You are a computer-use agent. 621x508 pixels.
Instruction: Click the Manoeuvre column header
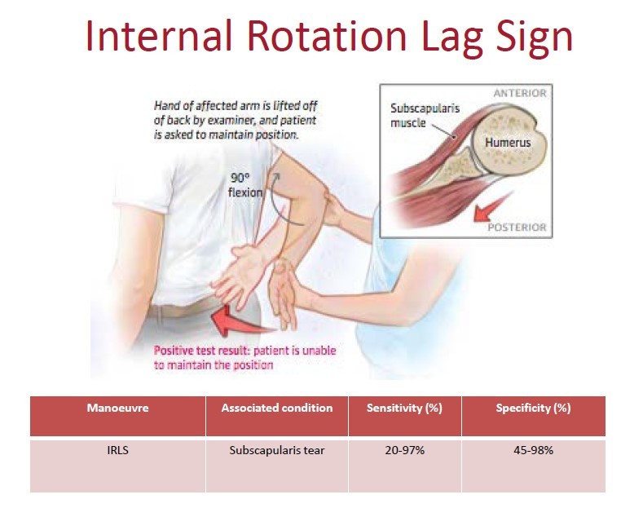coord(117,408)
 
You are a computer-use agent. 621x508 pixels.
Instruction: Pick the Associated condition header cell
coord(277,408)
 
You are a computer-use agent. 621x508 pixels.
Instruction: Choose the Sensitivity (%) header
coord(404,408)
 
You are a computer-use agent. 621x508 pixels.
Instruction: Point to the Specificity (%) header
coord(533,408)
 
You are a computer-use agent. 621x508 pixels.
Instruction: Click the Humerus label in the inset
coord(508,143)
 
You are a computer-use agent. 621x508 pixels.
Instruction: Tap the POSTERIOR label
coord(517,227)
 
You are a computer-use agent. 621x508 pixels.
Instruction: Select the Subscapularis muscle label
coord(418,115)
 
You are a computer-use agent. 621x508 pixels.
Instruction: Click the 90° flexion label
coord(245,187)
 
